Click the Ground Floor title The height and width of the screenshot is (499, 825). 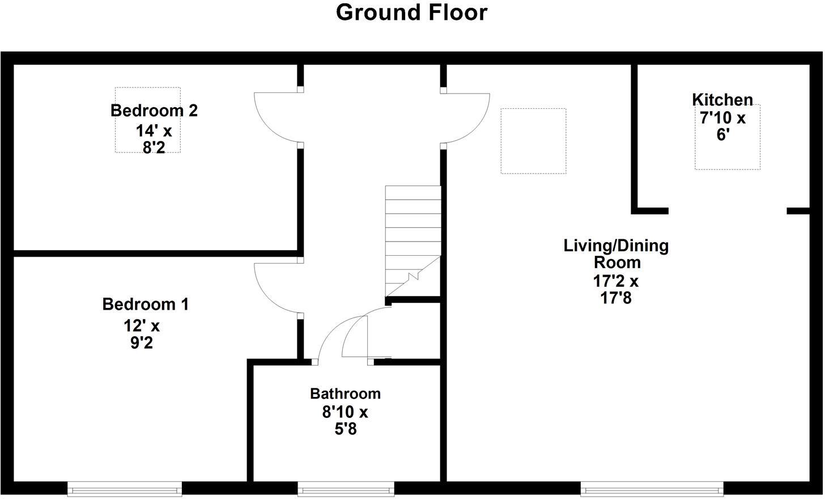[411, 12]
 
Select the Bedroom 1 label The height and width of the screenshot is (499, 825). [146, 305]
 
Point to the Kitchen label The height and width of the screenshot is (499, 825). [722, 100]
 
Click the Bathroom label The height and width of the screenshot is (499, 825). [345, 394]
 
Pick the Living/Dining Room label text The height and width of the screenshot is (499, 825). [616, 254]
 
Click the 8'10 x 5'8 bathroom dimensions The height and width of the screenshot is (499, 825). [345, 420]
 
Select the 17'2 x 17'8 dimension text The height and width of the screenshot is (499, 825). [616, 289]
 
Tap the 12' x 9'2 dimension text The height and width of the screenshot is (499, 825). [142, 335]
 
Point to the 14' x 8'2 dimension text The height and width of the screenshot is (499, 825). [154, 139]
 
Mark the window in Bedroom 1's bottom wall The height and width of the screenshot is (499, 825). [125, 488]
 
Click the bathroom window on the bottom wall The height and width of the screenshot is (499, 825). [346, 488]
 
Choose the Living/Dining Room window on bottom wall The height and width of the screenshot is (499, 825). [652, 488]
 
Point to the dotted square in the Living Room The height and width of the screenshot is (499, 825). [533, 141]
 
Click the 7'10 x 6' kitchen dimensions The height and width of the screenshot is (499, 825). [722, 127]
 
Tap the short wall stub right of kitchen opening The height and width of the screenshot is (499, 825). [798, 211]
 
